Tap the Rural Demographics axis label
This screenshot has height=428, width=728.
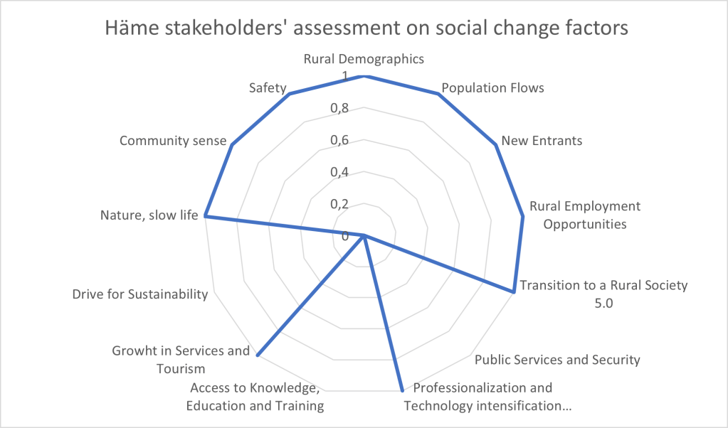(x=364, y=58)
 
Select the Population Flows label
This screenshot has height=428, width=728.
(x=492, y=88)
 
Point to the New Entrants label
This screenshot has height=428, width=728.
(x=542, y=140)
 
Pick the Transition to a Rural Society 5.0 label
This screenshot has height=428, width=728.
(x=603, y=294)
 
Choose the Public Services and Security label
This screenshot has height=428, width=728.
(x=557, y=359)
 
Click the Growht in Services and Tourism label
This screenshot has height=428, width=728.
(x=181, y=359)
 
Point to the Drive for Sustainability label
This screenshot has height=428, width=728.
(x=139, y=294)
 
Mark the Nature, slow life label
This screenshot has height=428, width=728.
(x=148, y=215)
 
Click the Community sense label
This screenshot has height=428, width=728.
(x=173, y=140)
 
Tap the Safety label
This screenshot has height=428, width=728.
(x=268, y=88)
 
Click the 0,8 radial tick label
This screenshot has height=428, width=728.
(x=339, y=108)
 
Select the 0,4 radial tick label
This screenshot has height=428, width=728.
(x=339, y=172)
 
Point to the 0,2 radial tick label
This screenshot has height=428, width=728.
(x=339, y=204)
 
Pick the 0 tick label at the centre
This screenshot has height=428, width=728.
(x=346, y=236)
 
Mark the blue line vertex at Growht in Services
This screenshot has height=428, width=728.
(x=257, y=354)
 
